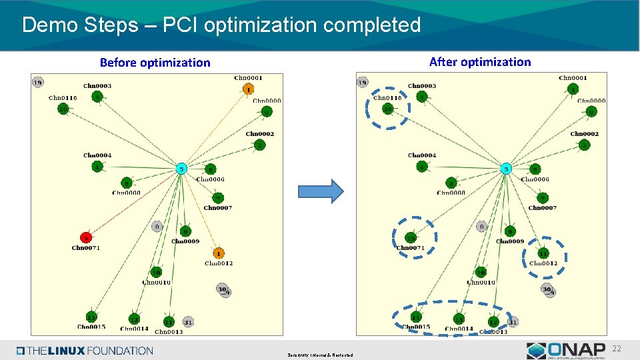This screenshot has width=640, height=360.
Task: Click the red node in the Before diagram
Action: pos(86,237)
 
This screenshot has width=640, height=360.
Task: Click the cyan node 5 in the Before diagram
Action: pos(181,168)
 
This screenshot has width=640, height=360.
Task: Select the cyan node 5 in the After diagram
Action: pos(506,168)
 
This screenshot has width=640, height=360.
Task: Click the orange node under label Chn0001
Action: pos(248,89)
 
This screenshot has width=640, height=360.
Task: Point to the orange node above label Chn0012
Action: pos(219,253)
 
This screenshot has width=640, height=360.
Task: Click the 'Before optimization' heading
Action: pos(155,63)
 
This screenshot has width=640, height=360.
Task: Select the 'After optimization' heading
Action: pos(480,62)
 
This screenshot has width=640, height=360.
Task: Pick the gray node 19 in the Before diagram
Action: pos(38,83)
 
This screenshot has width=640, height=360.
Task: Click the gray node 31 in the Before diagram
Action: pos(188,322)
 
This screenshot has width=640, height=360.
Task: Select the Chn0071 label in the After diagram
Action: pos(410,248)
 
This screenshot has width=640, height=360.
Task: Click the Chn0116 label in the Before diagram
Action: pos(63,98)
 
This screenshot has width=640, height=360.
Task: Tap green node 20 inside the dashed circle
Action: pos(387,109)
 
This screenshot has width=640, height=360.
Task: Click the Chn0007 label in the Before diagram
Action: pos(218,208)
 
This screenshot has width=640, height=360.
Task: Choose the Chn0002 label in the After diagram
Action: pos(584,134)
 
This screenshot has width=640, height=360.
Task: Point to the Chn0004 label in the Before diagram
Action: pos(97,155)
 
